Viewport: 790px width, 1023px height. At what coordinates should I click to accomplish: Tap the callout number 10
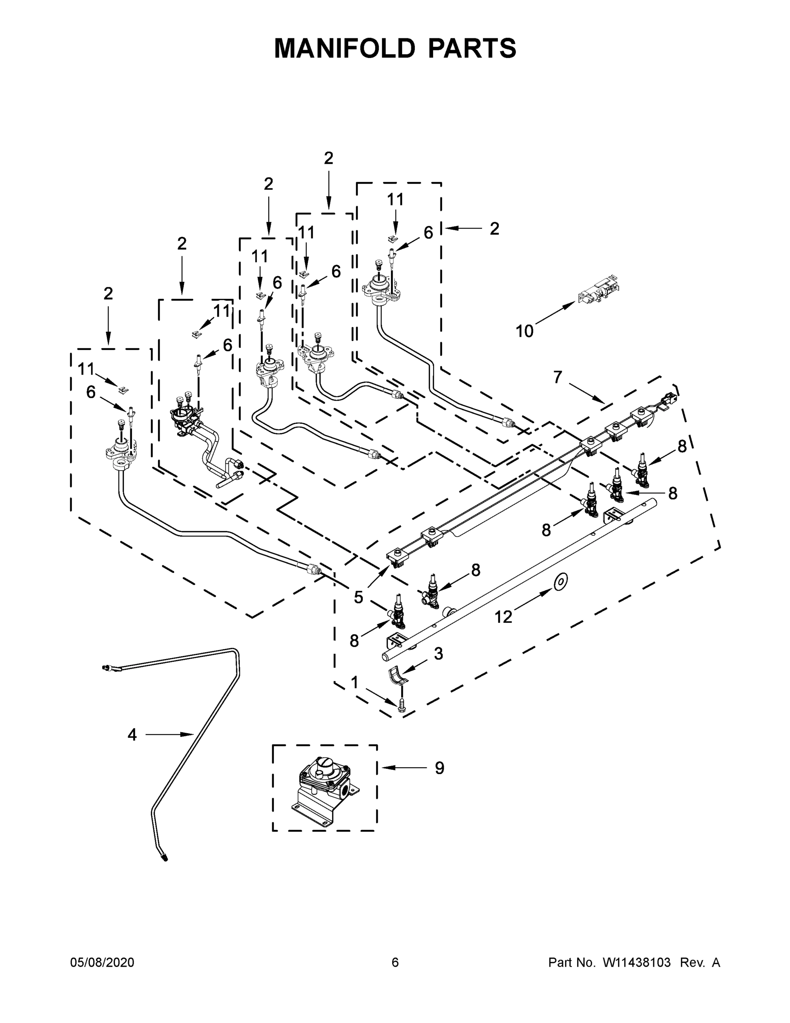click(524, 331)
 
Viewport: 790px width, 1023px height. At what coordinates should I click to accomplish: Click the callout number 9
click(439, 768)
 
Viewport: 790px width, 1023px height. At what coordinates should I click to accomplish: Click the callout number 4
click(132, 735)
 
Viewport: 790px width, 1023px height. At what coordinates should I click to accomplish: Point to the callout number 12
click(503, 617)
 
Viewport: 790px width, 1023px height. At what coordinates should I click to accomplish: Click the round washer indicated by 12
click(561, 582)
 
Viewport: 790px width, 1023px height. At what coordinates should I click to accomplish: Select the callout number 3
click(438, 654)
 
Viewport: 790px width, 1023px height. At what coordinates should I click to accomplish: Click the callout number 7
click(557, 377)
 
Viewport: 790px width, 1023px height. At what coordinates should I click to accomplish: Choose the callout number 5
click(358, 597)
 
